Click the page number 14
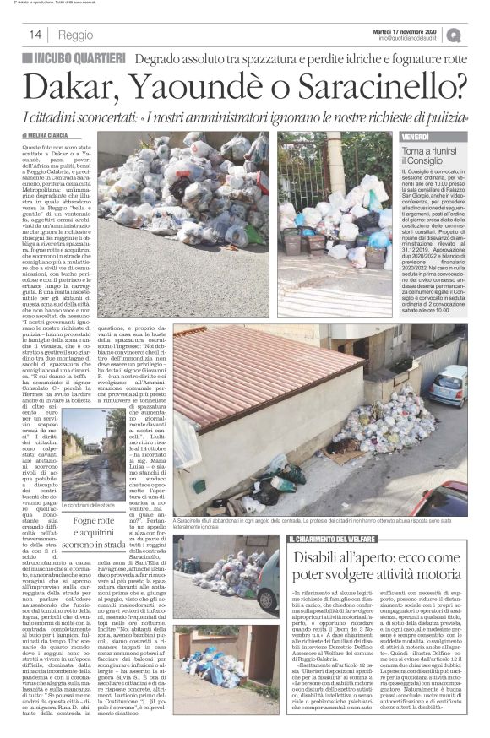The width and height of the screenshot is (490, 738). tap(35, 35)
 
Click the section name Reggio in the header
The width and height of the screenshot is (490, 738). tap(76, 35)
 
